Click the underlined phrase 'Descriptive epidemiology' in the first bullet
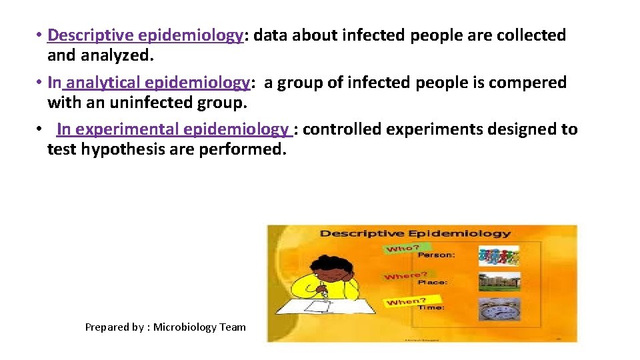[x=145, y=35]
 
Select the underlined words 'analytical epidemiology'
[x=158, y=83]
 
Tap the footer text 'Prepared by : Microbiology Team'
[x=165, y=327]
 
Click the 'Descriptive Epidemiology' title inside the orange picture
[x=415, y=234]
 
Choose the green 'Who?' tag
[x=400, y=249]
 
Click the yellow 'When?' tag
[x=406, y=301]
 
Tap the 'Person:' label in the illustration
[x=436, y=255]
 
